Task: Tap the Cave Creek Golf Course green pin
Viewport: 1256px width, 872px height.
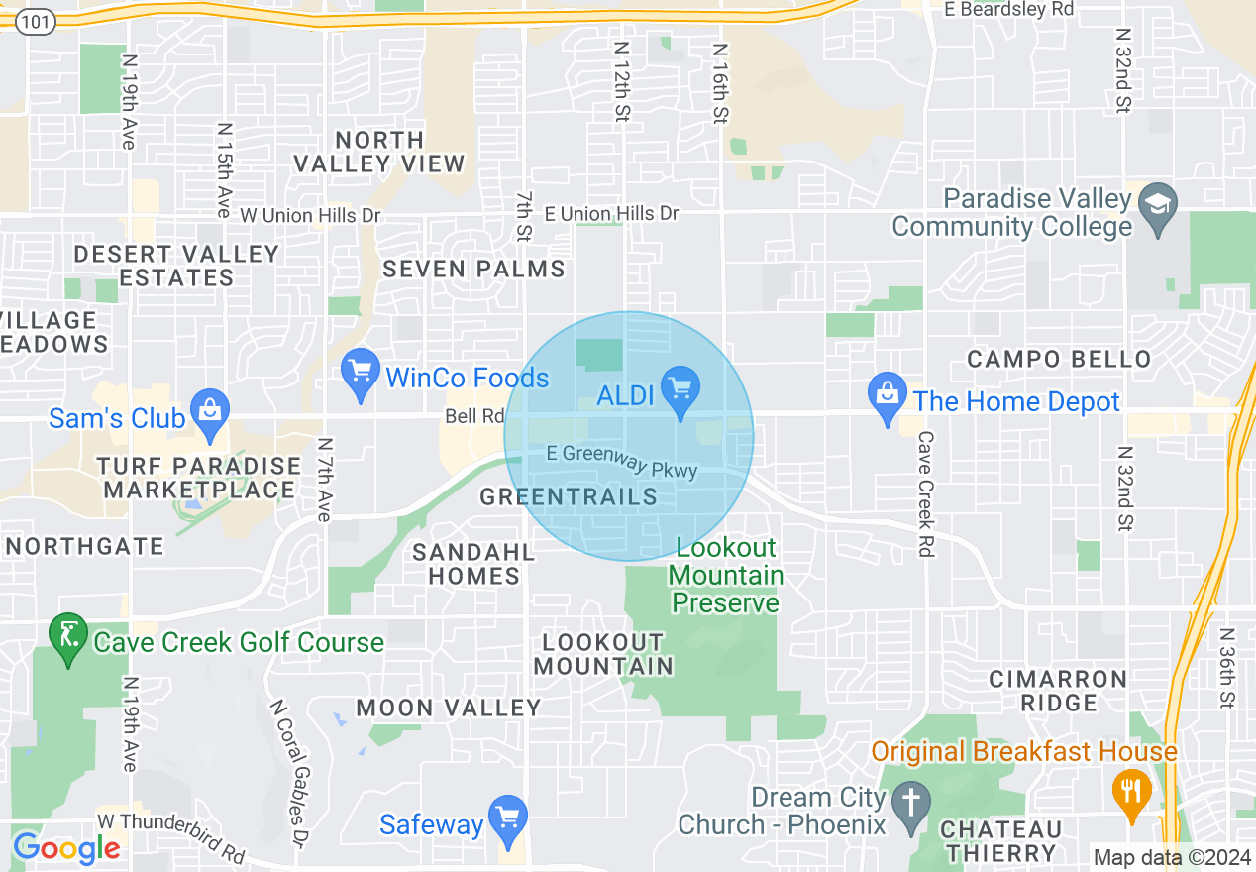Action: pos(68,638)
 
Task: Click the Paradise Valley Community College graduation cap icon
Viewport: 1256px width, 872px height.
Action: pos(1156,209)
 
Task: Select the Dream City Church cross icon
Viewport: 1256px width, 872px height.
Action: pos(910,807)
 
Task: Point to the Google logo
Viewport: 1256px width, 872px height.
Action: pos(66,848)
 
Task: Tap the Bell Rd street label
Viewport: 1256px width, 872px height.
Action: pos(474,416)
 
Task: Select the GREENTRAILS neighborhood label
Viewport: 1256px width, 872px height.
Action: pos(569,496)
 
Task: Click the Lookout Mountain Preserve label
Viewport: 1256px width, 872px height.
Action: pos(726,575)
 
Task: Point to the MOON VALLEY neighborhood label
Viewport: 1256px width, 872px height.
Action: pos(449,708)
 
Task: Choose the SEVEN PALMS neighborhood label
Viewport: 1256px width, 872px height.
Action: pos(473,269)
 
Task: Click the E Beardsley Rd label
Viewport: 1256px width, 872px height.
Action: pos(1009,9)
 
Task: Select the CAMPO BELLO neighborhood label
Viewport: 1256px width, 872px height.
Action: pos(1059,359)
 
